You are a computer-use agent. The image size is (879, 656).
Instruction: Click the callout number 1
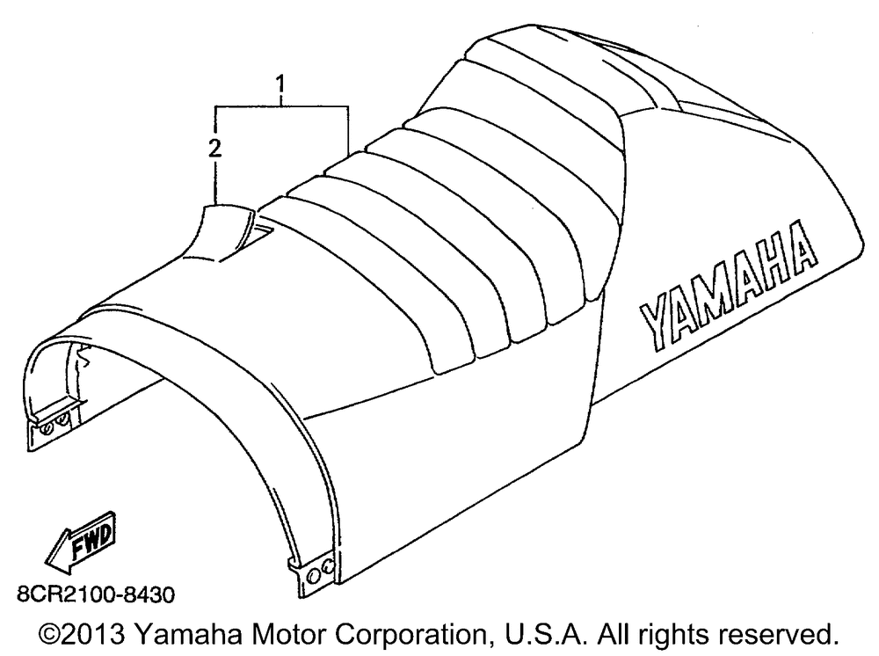point(280,84)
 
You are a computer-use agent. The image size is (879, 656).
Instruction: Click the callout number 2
point(214,148)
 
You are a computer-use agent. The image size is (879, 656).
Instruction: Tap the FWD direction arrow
point(81,543)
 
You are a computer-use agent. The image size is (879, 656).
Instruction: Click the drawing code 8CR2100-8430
point(96,594)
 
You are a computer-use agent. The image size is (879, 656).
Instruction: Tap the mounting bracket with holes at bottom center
point(314,575)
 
